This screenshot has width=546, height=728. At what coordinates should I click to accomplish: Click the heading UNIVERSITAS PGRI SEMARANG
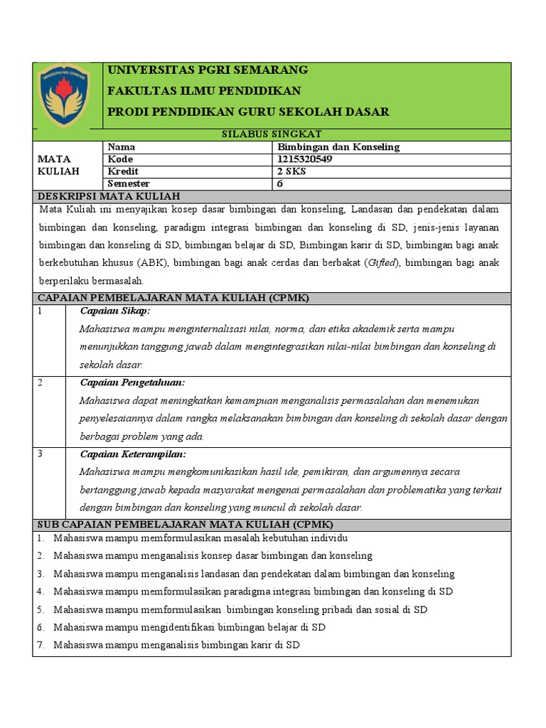pos(207,70)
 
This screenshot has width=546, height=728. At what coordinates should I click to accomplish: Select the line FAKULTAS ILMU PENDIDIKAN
pos(203,91)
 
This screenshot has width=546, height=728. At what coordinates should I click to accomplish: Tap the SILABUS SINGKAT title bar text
pos(272,134)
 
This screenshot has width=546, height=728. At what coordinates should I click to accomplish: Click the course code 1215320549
pos(306,159)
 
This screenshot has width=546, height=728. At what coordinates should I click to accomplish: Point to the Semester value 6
pos(280,183)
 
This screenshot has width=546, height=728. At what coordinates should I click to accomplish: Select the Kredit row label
pos(123,171)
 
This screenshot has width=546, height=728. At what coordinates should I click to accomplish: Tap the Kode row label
pos(121,159)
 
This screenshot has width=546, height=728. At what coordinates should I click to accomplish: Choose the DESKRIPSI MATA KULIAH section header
pos(109,196)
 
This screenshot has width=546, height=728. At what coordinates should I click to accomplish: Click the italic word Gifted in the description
pos(382,263)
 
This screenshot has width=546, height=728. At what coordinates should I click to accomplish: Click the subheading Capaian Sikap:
pos(115,311)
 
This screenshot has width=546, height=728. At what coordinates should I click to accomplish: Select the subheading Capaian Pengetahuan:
pos(132,382)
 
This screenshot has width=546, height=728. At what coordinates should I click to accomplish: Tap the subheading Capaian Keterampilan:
pos(133,454)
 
